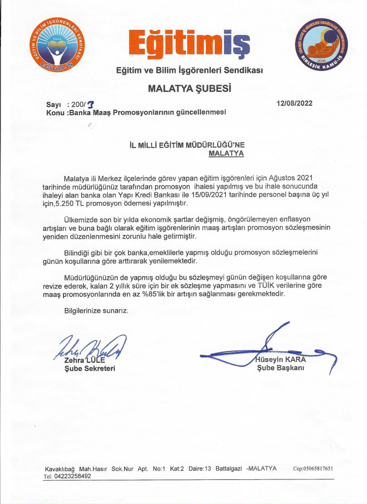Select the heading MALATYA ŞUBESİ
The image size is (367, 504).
(189, 89)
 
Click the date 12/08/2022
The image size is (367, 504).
(295, 103)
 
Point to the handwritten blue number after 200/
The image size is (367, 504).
(91, 104)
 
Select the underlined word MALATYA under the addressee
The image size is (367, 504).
(227, 153)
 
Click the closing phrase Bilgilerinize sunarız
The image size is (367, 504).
(96, 311)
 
